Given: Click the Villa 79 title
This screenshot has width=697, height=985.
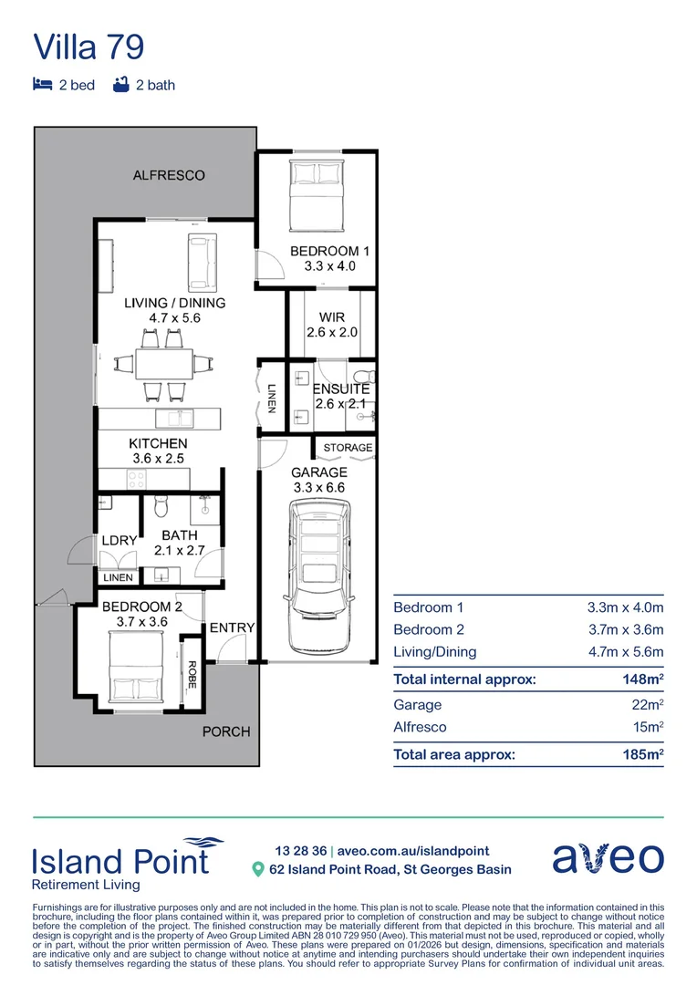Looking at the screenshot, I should pos(88,47).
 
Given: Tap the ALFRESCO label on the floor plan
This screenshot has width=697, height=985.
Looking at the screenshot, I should pos(169,174).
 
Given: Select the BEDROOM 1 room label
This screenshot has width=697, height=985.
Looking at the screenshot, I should pos(329,251).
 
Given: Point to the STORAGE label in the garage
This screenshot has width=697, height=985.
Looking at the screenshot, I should pos(348,448).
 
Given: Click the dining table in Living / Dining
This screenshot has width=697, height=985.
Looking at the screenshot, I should pos(164,365).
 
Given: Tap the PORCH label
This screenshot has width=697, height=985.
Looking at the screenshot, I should pos(225,731).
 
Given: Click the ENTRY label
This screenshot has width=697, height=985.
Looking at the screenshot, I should pos(232,628).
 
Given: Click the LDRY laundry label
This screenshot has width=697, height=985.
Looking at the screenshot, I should pos(119,541).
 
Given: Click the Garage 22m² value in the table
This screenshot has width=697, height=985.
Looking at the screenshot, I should pos(646,705).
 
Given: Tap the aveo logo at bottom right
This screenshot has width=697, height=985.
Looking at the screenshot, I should pos(608,858).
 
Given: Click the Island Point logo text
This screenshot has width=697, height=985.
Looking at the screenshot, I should pos(120,861).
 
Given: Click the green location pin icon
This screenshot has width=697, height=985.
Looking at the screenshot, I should pos(258,870).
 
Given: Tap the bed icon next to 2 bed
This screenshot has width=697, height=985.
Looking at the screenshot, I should pos(42,85).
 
